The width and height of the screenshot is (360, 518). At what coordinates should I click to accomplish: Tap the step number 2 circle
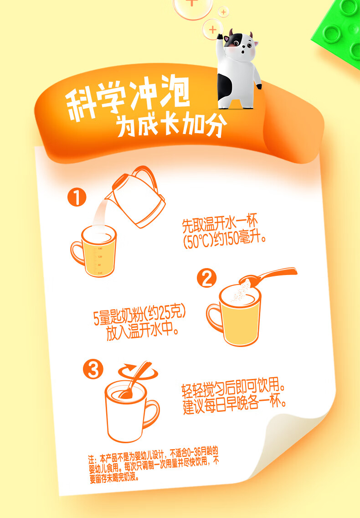pos(206,279)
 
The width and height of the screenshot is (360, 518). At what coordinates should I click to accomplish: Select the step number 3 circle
pos(93,370)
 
